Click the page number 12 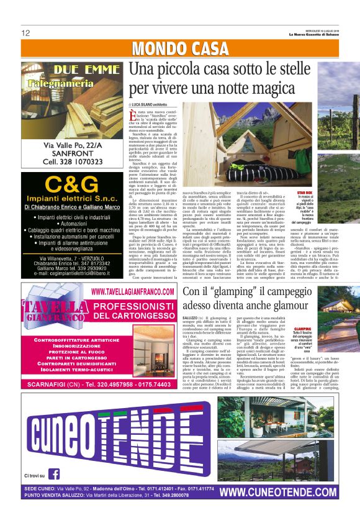(25, 33)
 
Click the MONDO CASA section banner (180, 48)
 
